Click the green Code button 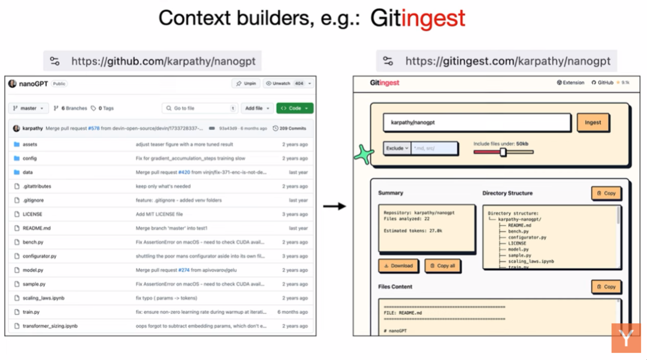295,108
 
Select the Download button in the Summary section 398,265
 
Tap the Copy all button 443,265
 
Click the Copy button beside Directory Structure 606,193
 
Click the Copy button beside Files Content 606,287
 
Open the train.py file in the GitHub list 31,312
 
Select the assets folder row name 30,144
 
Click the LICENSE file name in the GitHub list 32,214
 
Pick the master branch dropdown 28,108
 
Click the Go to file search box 199,108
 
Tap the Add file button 257,108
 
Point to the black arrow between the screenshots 334,207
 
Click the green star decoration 363,155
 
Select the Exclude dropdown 397,149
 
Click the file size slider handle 503,152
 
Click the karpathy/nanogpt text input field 476,123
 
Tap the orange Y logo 626,338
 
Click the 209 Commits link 290,128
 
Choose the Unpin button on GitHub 246,84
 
